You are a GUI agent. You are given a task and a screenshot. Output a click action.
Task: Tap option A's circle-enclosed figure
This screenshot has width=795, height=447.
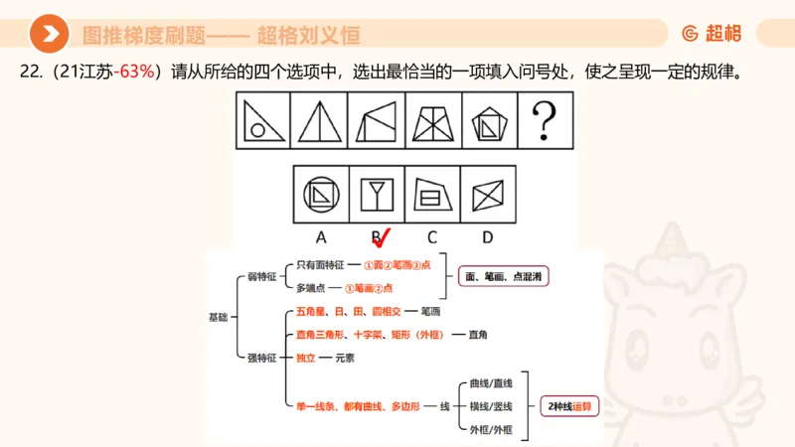tap(321, 193)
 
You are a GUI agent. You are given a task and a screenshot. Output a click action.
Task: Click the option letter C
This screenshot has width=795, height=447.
tap(432, 237)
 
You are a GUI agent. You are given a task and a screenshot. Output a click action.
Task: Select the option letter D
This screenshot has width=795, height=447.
tap(487, 237)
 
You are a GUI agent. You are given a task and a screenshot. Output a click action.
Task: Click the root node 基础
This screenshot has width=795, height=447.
tap(218, 317)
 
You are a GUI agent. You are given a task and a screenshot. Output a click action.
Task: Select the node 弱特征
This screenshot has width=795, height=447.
tap(260, 276)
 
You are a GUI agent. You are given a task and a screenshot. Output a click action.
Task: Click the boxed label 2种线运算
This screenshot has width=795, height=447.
tap(570, 406)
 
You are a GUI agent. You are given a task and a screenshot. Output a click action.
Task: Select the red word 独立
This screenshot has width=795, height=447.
tap(306, 358)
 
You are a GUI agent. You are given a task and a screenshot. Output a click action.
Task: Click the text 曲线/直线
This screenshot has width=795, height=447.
tap(486, 382)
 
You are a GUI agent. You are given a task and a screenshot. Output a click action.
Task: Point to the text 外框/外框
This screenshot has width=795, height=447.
tap(486, 430)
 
